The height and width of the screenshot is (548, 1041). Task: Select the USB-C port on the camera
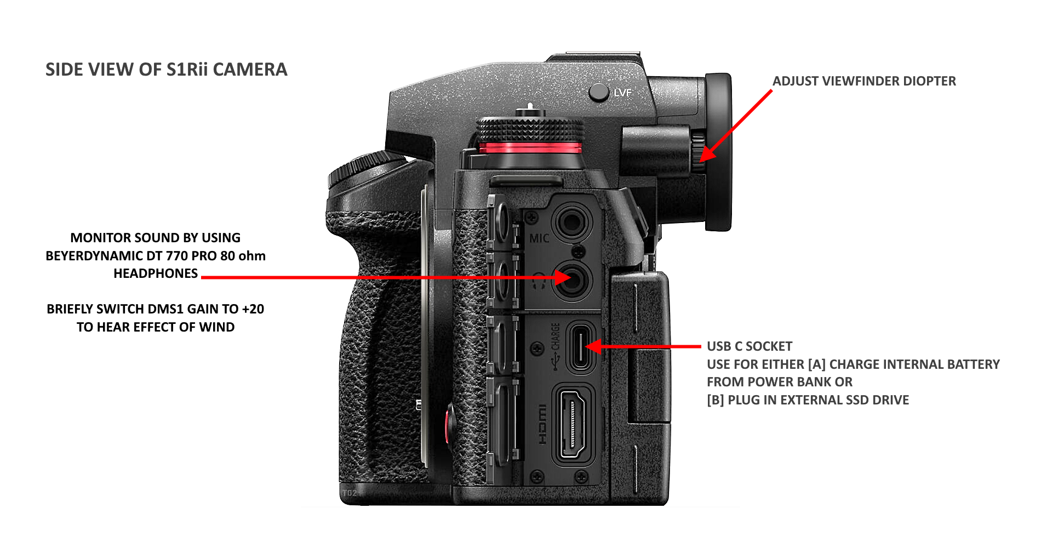(x=581, y=347)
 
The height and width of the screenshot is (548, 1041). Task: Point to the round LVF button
(x=599, y=92)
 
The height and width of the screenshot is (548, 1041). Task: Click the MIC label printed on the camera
(x=539, y=238)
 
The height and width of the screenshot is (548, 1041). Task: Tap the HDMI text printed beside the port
(x=541, y=425)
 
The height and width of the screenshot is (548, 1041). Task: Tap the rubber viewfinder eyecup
(x=718, y=152)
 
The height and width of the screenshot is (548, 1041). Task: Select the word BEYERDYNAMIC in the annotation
(x=94, y=256)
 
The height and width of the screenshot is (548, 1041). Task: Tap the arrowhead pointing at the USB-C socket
(x=594, y=346)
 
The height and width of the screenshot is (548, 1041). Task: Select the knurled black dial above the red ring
(x=530, y=130)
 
